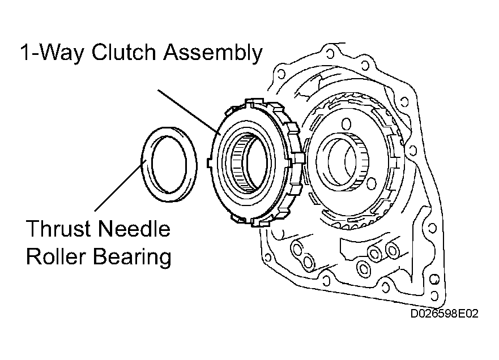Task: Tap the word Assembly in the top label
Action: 213,53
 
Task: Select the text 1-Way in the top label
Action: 53,53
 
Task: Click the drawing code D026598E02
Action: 444,314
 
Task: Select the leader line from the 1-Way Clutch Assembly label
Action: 188,112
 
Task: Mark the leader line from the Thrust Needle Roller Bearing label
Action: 121,185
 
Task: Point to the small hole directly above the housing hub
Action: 346,124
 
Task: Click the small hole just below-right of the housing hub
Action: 371,184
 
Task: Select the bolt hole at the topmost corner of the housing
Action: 330,53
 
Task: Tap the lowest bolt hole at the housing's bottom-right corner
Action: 434,296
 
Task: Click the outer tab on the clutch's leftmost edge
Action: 210,162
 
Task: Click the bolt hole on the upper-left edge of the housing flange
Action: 281,74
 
